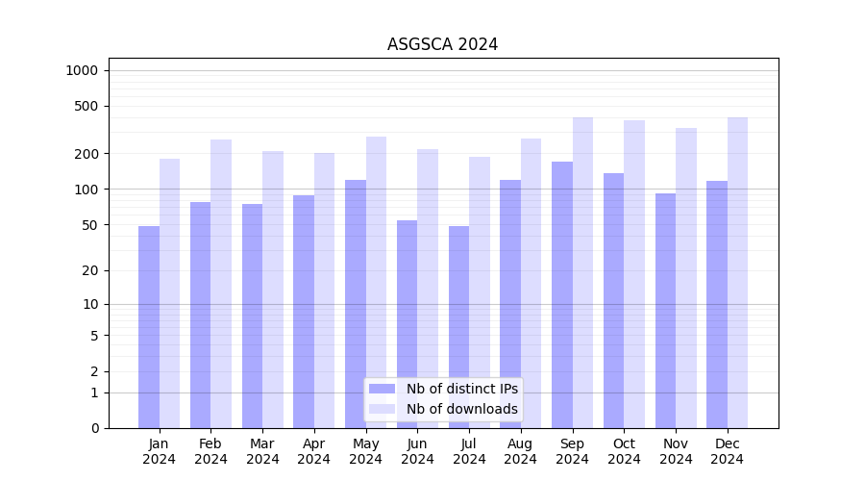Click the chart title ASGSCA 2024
tap(442, 44)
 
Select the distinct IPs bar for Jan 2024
tap(149, 327)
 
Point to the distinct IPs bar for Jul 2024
tap(458, 327)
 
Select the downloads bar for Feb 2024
tap(221, 284)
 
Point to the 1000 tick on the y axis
tap(82, 70)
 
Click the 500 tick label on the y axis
tap(86, 106)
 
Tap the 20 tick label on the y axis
tap(89, 270)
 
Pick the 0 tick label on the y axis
tap(94, 428)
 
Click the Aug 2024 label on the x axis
tap(521, 451)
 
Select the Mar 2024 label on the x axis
tap(262, 451)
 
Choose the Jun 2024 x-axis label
tap(417, 451)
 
